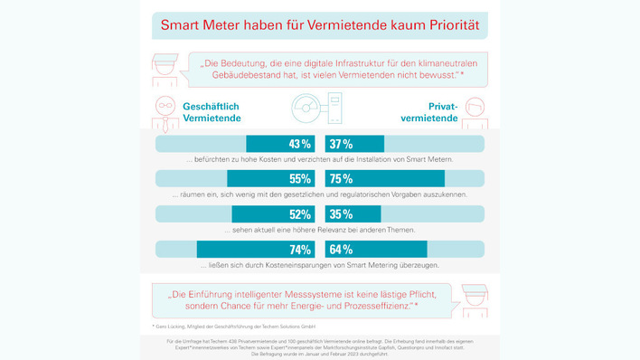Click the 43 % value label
(299, 144)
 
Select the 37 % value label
(342, 144)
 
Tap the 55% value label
(299, 178)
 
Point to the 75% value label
(342, 178)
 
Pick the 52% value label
(299, 214)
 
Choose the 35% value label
(342, 214)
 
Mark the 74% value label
(299, 250)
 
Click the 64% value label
(342, 250)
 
